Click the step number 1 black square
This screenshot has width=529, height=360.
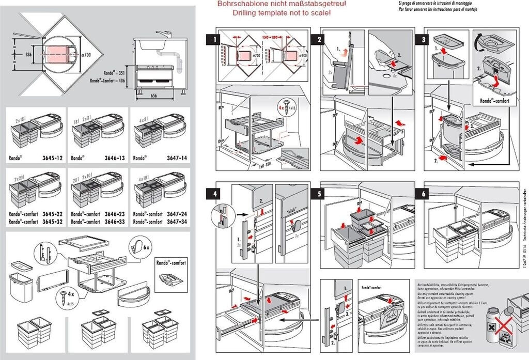(212, 39)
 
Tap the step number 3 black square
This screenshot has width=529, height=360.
(424, 39)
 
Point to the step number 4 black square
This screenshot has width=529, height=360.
(212, 195)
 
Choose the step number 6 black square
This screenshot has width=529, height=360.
(424, 195)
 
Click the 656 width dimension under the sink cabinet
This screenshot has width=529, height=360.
(154, 96)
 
